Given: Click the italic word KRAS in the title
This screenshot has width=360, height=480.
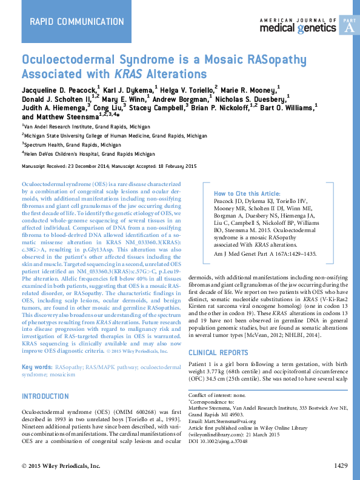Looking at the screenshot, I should (x=124, y=75).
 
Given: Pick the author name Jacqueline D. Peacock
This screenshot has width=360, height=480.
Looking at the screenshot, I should (x=58, y=89).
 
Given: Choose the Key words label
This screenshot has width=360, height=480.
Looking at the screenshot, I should (x=36, y=367).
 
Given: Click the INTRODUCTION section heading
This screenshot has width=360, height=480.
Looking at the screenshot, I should (x=53, y=396).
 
